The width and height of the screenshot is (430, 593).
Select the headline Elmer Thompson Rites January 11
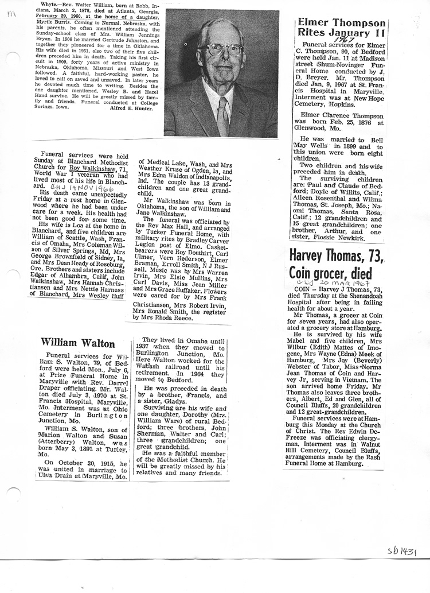click(341, 28)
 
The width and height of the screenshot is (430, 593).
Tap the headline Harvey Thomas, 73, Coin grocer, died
click(335, 263)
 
